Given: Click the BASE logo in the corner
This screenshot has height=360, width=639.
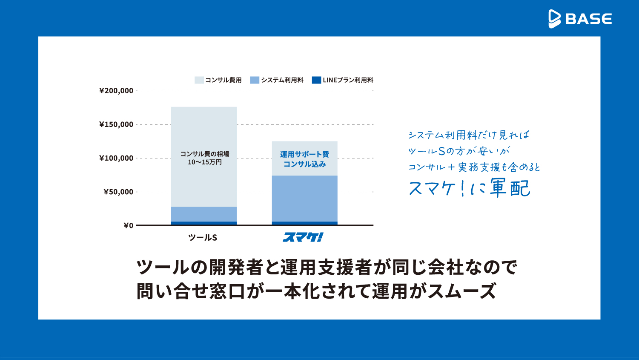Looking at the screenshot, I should (x=580, y=19).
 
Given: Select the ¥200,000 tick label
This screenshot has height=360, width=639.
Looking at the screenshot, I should (x=116, y=91).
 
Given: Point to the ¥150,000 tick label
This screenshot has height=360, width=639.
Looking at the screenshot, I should (x=116, y=124).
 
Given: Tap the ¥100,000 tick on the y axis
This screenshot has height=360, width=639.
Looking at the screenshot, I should (x=116, y=158).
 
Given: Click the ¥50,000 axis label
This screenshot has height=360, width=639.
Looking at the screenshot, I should (x=118, y=192).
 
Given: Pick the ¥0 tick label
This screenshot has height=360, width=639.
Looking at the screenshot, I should (x=128, y=225).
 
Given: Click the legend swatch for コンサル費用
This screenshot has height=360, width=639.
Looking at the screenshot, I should (x=199, y=80).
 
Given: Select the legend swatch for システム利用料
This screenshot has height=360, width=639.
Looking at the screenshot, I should (x=255, y=80).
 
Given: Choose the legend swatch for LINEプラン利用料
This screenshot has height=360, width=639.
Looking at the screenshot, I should (x=316, y=80).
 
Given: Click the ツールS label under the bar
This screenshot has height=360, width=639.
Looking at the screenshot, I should (x=203, y=238).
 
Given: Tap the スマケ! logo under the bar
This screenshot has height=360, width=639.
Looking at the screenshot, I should (x=303, y=237).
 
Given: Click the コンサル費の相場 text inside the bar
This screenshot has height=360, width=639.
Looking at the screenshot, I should (x=204, y=154).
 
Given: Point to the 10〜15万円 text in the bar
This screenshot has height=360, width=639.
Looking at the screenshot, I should (x=204, y=162).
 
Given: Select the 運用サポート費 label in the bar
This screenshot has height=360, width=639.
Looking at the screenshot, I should (x=304, y=154).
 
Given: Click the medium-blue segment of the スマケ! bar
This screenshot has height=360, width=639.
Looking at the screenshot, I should (x=304, y=198).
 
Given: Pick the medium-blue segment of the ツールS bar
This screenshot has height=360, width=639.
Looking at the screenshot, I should (x=203, y=214).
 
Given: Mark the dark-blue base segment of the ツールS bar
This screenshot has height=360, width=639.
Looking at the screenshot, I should (x=203, y=223).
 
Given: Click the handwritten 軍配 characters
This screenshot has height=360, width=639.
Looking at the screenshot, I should (x=510, y=188).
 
